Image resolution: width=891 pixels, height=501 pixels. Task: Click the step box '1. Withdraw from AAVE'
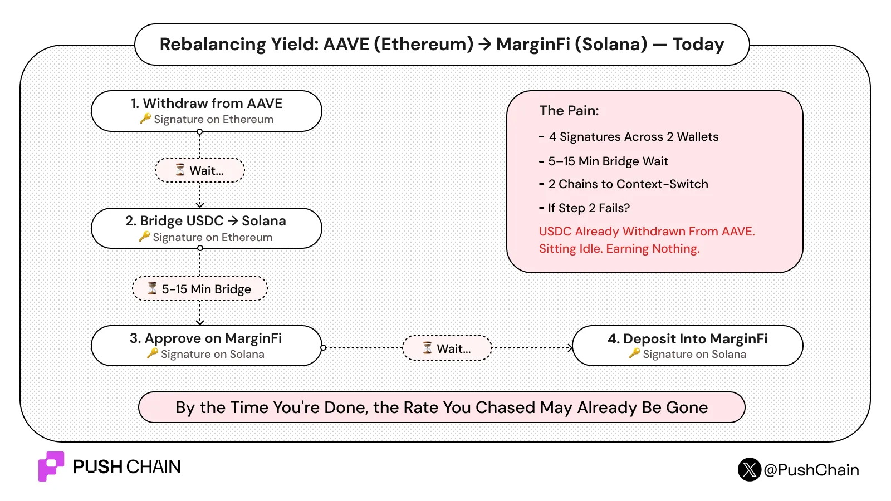(x=207, y=111)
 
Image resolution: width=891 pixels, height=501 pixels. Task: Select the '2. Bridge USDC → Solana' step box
(x=207, y=228)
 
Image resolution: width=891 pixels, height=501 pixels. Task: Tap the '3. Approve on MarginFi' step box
(x=207, y=346)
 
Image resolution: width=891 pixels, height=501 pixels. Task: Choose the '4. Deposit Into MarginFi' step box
(x=688, y=346)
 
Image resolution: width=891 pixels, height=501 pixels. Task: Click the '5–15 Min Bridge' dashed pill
(x=200, y=289)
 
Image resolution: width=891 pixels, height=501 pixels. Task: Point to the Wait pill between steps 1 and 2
(x=200, y=170)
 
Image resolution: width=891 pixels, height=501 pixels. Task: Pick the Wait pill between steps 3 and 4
(x=447, y=348)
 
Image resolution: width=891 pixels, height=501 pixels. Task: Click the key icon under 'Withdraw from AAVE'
(x=145, y=119)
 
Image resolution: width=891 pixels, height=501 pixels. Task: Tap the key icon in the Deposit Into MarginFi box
(x=634, y=353)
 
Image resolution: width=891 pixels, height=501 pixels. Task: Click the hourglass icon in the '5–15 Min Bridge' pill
(x=153, y=288)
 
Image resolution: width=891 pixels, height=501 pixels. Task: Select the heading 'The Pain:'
(x=569, y=111)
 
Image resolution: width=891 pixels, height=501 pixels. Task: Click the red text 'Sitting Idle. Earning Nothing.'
(x=619, y=249)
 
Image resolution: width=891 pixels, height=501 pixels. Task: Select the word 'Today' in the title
(x=698, y=44)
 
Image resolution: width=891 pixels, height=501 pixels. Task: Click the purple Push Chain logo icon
(x=51, y=466)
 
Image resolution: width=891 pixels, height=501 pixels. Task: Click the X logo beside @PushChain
(x=750, y=470)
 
